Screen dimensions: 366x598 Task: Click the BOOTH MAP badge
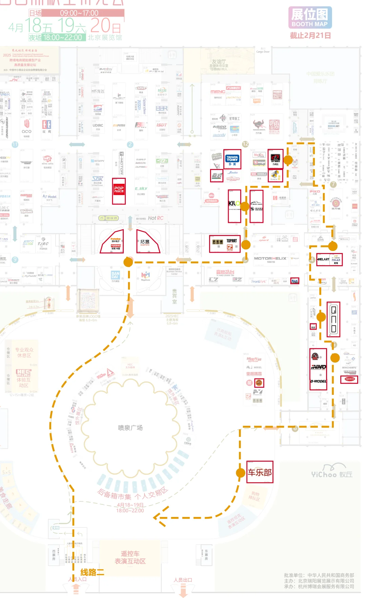coord(310,18)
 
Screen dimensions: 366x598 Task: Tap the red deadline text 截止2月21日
coord(310,36)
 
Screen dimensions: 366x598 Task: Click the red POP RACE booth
coord(119,191)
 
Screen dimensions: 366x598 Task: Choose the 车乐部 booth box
coord(260,472)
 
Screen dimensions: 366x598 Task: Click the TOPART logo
coord(232,241)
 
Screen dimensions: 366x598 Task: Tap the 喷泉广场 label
coord(130,428)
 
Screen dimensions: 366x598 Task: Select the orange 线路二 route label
coord(92,573)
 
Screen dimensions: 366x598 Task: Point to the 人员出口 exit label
coord(183,580)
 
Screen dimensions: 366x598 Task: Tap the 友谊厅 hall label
coord(219,62)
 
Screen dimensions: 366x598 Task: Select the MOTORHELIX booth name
coord(270,258)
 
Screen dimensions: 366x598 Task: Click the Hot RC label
coord(156,218)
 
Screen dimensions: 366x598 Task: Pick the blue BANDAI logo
coord(116,275)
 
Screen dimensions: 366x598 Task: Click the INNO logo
coord(318,367)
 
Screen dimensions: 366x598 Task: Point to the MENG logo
coord(218,92)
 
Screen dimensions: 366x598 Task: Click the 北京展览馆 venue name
coord(105,37)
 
